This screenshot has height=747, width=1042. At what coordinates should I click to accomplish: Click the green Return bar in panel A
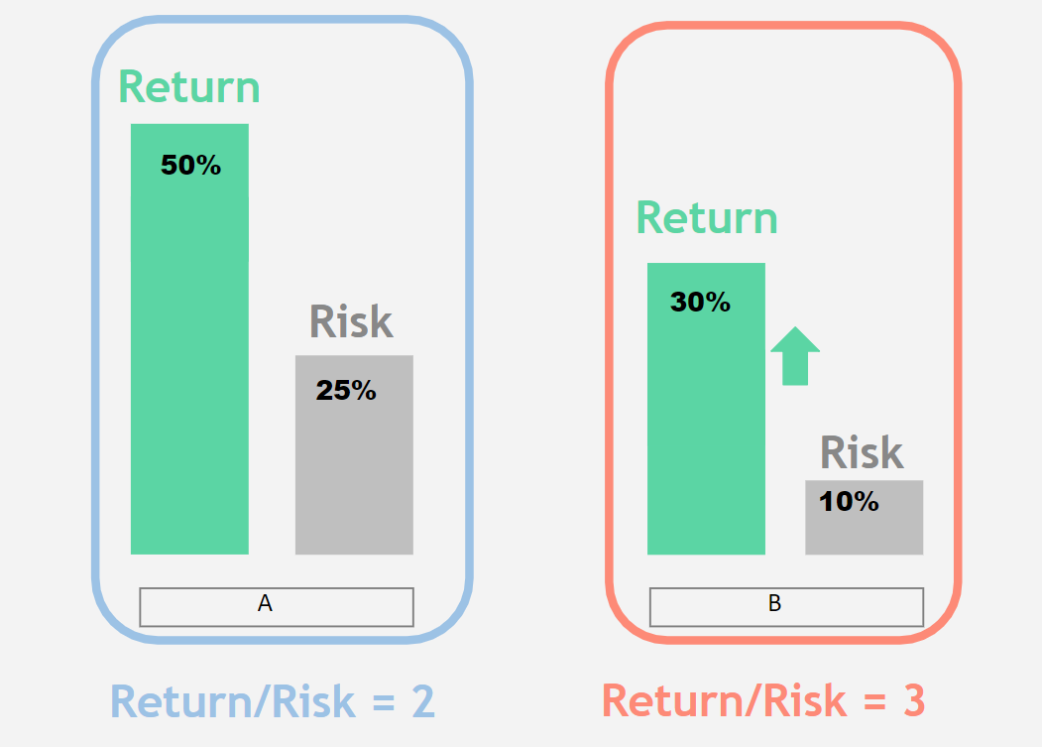tap(189, 338)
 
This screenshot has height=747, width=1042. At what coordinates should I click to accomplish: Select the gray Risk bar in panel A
tap(354, 454)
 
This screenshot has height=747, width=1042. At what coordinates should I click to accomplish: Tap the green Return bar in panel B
tap(707, 409)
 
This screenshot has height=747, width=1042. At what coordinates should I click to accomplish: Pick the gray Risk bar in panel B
tap(864, 517)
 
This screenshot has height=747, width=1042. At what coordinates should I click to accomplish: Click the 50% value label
tap(190, 165)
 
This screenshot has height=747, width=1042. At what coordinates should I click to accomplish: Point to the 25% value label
tap(346, 391)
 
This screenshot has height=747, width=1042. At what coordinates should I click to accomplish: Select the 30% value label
tap(700, 302)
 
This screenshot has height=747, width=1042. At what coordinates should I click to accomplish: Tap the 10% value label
tap(849, 502)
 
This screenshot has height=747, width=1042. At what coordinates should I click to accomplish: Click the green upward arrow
tap(795, 356)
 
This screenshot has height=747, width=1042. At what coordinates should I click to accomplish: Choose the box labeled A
tap(277, 607)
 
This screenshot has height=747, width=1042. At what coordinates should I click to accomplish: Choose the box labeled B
tap(787, 607)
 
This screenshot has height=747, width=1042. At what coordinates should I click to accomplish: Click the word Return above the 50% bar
tap(189, 87)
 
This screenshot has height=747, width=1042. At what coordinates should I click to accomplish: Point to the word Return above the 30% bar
tap(707, 217)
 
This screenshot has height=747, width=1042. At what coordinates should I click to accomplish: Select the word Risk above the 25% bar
tap(352, 321)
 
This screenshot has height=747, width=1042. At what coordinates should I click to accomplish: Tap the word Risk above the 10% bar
tap(862, 452)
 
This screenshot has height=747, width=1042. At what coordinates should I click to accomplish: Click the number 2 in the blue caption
tap(423, 701)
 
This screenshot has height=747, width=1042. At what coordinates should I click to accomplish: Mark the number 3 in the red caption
tap(914, 700)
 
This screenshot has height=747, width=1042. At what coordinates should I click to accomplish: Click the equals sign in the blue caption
tap(384, 702)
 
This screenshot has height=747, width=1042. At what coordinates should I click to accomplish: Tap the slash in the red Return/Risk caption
tap(753, 700)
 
